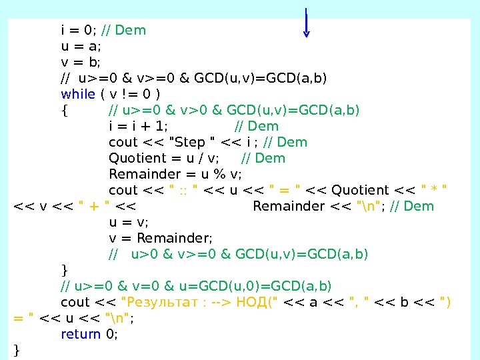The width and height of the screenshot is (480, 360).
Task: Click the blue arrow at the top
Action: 306,23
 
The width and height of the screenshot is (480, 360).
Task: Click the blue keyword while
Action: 78,94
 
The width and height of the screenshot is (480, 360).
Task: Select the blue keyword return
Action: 81,334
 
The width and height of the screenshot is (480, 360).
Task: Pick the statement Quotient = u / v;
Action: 164,158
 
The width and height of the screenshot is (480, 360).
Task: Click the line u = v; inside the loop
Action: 129,222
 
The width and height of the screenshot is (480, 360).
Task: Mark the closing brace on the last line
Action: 17,350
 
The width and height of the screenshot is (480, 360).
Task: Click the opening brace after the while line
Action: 63,110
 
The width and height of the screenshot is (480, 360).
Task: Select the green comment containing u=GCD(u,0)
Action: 196,286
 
